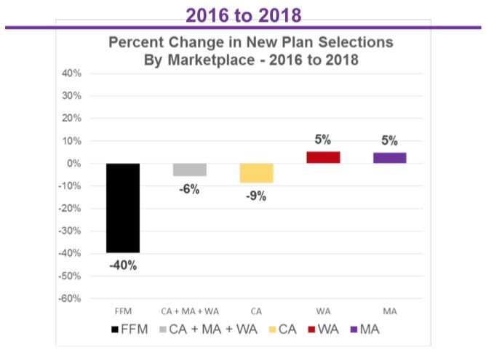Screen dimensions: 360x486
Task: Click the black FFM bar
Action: (123, 208)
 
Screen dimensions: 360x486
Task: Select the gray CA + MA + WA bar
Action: (189, 170)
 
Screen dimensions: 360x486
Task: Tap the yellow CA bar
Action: (256, 173)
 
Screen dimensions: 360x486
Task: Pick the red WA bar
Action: (323, 158)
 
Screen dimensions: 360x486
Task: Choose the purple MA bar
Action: (389, 158)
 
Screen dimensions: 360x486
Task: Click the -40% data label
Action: (123, 265)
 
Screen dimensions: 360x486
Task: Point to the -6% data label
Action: (189, 189)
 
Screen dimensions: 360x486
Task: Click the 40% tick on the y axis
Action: (71, 73)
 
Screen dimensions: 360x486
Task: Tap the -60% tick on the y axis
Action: (69, 299)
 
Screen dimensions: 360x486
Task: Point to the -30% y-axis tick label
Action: (69, 231)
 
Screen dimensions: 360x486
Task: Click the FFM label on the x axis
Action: (123, 311)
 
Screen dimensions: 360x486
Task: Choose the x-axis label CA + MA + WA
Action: (189, 311)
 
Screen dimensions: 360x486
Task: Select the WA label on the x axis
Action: (323, 311)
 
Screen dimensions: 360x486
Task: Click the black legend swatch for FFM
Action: (116, 330)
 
